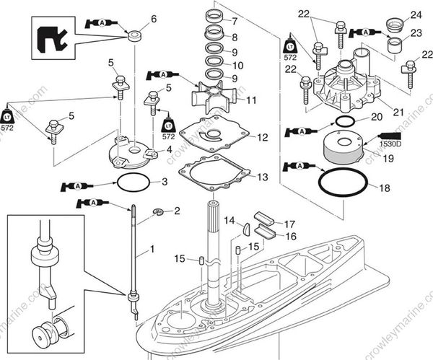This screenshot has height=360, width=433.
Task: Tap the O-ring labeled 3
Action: pyautogui.click(x=134, y=181)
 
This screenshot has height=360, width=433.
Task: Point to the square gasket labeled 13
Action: pyautogui.click(x=216, y=173)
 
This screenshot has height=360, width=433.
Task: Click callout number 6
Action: pyautogui.click(x=152, y=18)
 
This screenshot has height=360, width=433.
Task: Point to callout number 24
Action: pyautogui.click(x=416, y=14)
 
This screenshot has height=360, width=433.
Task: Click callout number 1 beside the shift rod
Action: pyautogui.click(x=152, y=252)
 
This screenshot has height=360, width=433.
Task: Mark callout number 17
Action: pyautogui.click(x=290, y=224)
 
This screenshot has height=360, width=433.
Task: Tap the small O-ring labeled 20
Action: pyautogui.click(x=344, y=122)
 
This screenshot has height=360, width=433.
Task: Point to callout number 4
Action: pyautogui.click(x=168, y=149)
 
